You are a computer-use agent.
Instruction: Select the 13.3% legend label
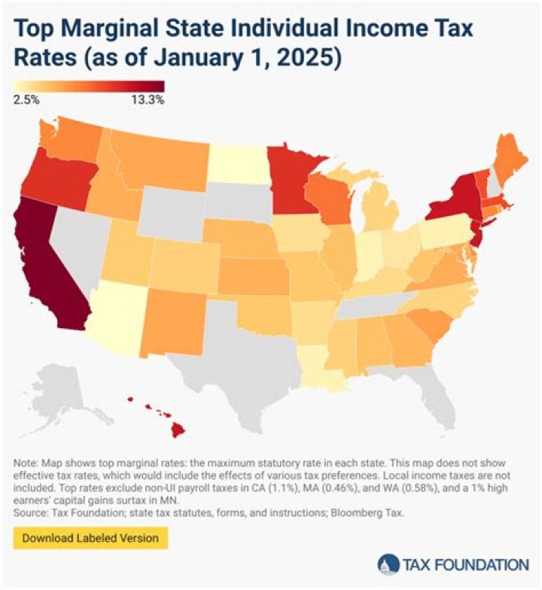[148, 99]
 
